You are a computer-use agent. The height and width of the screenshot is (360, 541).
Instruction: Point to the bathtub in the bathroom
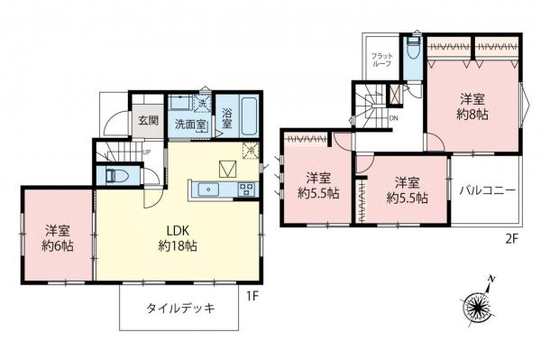point(250,115)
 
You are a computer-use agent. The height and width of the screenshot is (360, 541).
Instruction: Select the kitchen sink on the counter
point(209,189)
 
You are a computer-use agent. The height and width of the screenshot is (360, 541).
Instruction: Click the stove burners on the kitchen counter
point(244,189)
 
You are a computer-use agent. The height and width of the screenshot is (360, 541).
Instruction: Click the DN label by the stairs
point(394,118)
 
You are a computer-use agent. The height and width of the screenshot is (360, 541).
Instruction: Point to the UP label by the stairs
point(146,152)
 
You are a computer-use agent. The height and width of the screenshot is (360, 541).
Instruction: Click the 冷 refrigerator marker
point(252,151)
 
